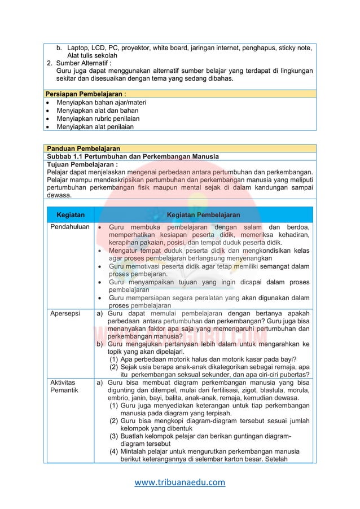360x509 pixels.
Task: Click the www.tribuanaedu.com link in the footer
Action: tap(180, 482)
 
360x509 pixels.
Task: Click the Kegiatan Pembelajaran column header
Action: tap(203, 215)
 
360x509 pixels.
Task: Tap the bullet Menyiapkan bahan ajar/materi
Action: tap(102, 102)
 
